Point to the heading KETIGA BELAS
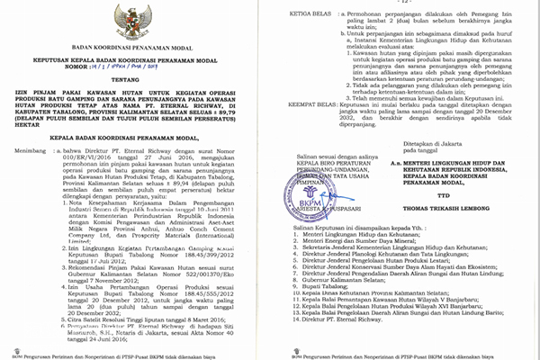(306, 14)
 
